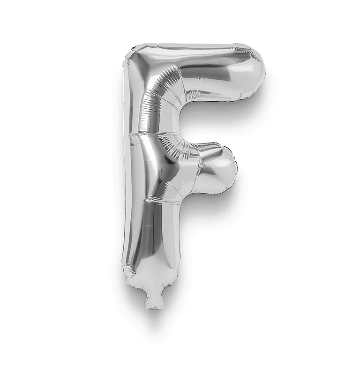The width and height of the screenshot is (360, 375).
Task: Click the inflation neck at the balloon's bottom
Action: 155,299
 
